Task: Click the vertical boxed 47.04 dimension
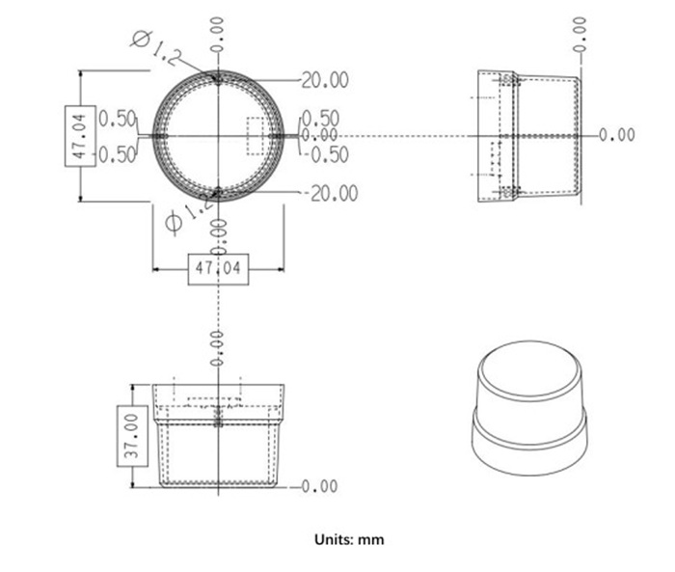click(79, 136)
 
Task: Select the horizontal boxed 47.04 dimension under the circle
click(217, 267)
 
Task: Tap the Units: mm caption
click(349, 539)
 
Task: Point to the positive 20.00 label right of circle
click(325, 80)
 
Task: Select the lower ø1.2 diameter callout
click(187, 214)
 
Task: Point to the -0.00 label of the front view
click(319, 486)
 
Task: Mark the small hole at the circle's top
click(219, 78)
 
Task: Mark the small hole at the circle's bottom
click(219, 193)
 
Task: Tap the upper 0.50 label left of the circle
click(117, 119)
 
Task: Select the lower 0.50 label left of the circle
click(117, 154)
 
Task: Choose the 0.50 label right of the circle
click(321, 119)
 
